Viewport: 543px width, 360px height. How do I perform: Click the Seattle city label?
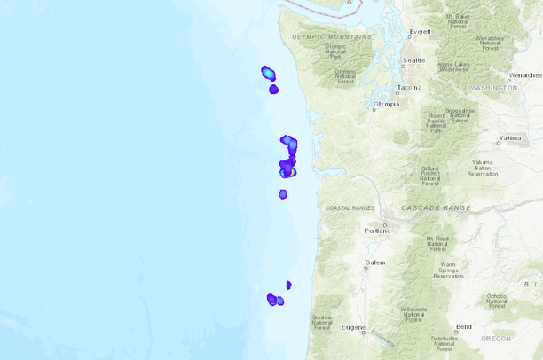point(413,61)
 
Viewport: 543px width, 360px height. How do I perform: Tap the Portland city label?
point(377,231)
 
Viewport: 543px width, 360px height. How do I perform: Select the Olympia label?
point(387,104)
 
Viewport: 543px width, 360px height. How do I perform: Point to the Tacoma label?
point(410,88)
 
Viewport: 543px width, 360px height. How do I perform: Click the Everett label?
point(420,32)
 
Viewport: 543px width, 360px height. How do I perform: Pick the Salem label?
point(375,263)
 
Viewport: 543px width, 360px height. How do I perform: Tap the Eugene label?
point(353,327)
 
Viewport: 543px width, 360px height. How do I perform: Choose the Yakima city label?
point(510,138)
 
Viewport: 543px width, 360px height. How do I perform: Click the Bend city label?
point(464,326)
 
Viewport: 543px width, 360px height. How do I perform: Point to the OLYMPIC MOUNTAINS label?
point(332,37)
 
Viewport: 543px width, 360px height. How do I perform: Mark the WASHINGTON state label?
point(493,88)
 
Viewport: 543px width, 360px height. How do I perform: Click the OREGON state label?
point(496,338)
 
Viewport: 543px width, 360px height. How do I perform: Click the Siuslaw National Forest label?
point(323,322)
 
